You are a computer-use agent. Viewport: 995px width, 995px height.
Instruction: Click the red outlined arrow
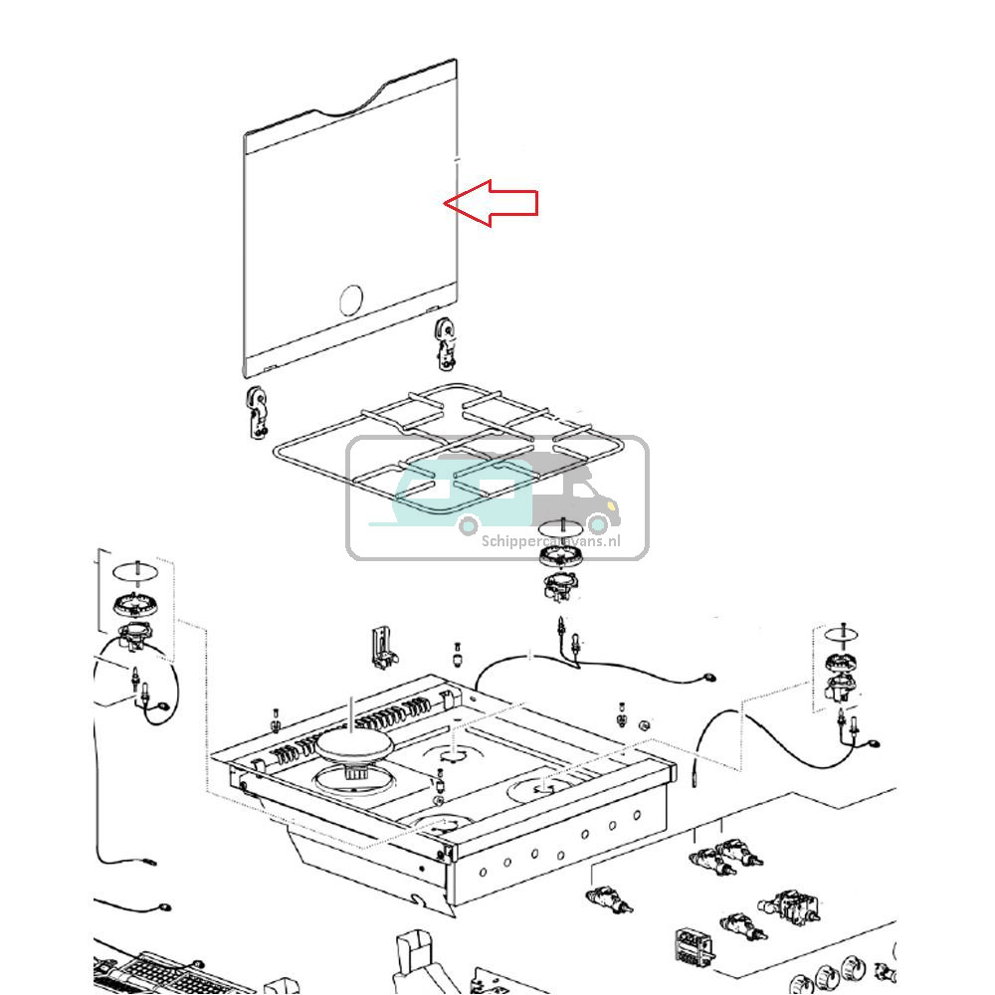point(493,203)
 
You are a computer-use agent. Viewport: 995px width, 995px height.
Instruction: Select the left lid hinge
point(258,412)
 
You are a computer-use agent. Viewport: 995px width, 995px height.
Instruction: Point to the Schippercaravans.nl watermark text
point(550,541)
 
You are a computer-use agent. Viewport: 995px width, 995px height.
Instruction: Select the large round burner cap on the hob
point(353,744)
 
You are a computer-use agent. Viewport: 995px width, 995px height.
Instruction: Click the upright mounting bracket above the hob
point(382,646)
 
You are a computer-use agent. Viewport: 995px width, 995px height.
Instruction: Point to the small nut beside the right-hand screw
point(645,724)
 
